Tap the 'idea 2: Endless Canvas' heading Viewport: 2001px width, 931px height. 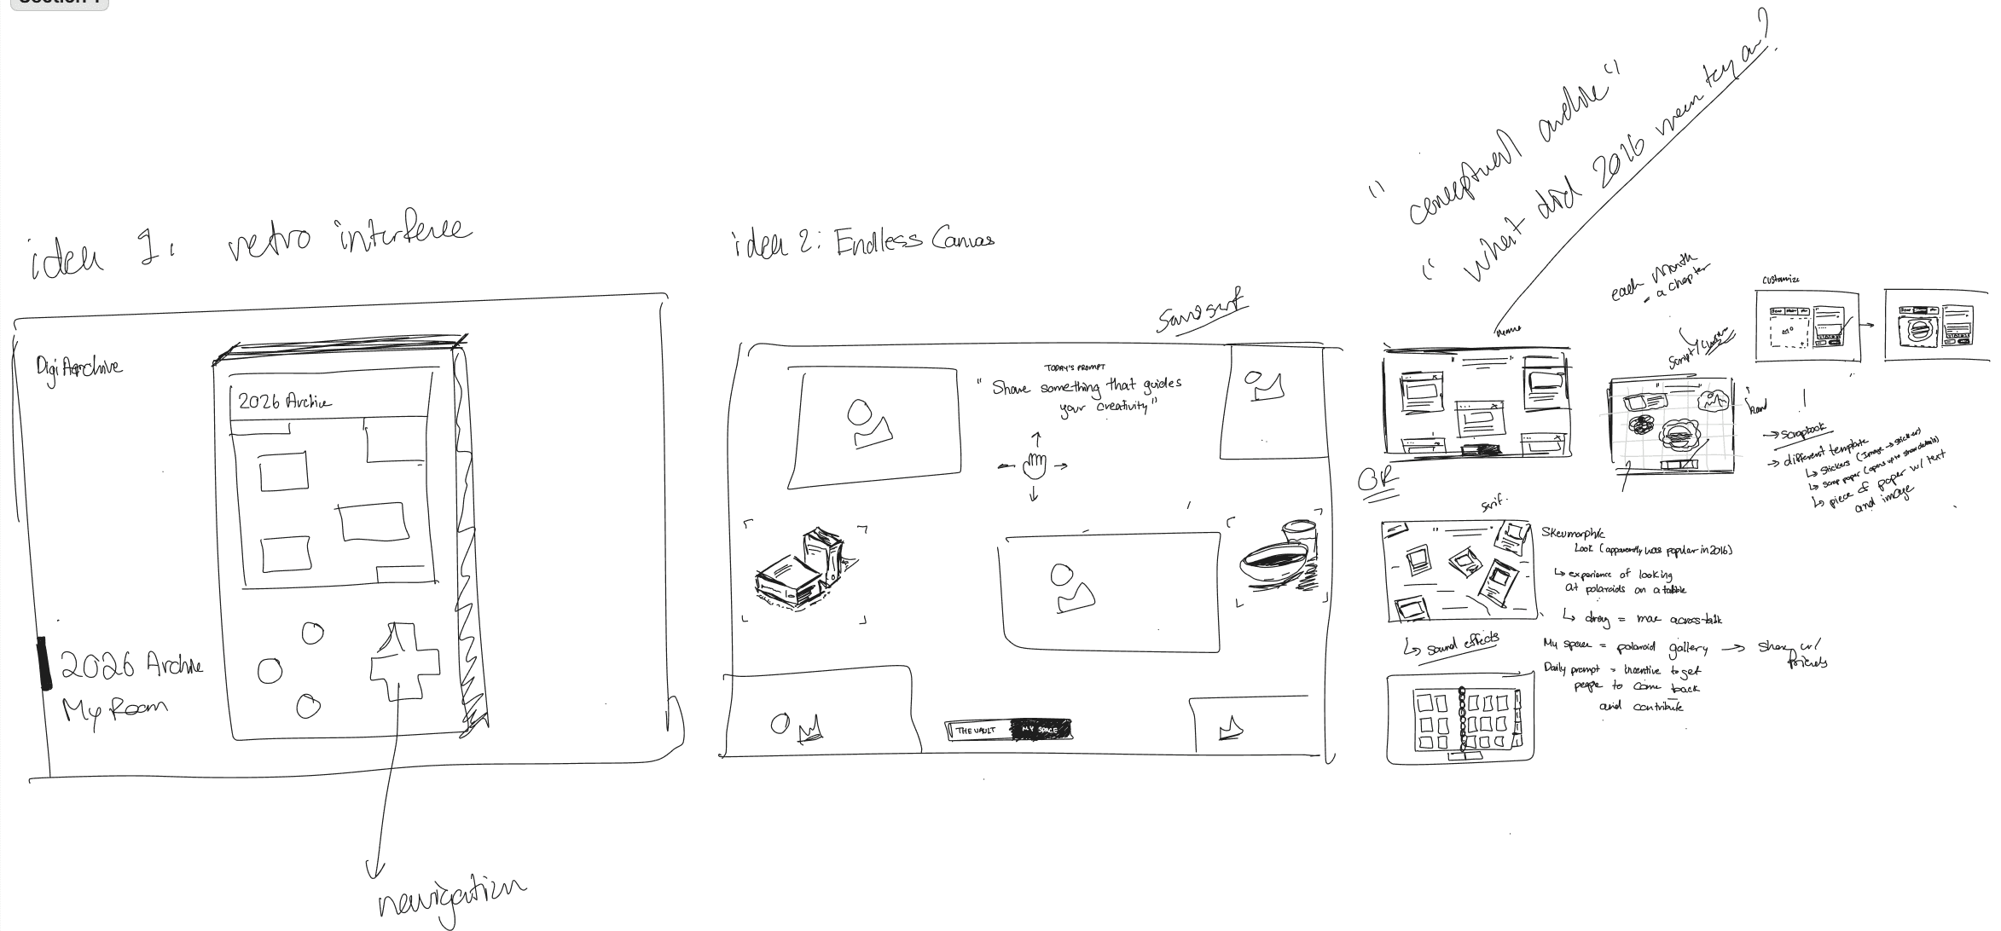point(861,243)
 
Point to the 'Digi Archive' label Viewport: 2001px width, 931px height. point(78,367)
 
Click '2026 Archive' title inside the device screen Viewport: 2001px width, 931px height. point(285,402)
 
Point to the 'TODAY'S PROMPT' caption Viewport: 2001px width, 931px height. point(1075,367)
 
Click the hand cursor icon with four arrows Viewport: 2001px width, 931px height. point(1035,465)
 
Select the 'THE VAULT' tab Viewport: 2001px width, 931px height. point(976,731)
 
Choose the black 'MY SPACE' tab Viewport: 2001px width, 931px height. point(1040,730)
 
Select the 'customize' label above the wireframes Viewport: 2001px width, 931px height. point(1780,280)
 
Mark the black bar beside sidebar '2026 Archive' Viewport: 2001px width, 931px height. point(43,662)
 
